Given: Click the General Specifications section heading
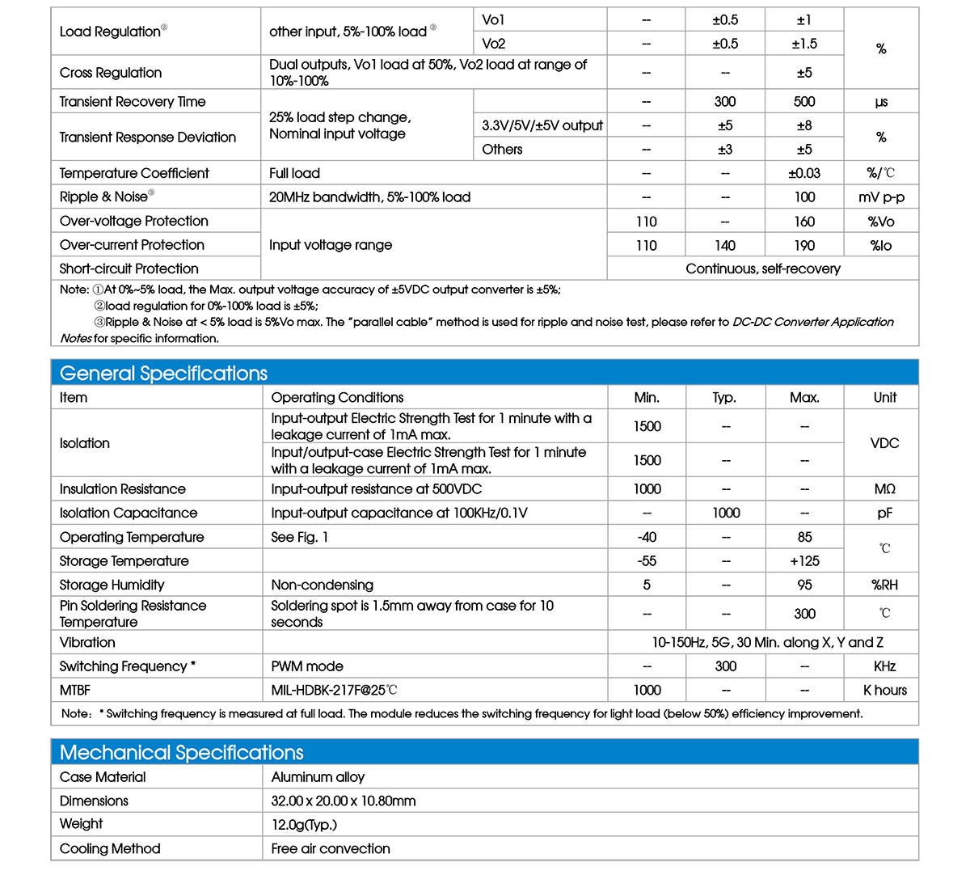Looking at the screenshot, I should coord(163,373).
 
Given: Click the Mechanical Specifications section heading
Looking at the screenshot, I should coord(181,752).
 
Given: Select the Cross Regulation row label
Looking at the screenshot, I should coord(111,73).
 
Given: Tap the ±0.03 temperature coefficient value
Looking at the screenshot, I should coord(804,173).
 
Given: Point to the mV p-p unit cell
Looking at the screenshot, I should coord(881,197).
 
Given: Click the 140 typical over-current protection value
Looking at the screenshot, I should coord(725,245).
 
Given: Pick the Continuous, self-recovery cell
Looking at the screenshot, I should coord(762,268).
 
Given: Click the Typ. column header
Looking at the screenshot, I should coord(725,397).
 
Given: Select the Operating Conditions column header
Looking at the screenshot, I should coord(337,397).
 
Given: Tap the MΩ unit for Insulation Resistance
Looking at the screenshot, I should coord(884,488).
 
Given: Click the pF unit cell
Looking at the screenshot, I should coord(884,513).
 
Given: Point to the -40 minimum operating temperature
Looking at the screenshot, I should coord(647,537).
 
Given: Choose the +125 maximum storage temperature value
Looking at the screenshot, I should coord(804,560).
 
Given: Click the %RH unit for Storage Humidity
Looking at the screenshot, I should coord(884,585).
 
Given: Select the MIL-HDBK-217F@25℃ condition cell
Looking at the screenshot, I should coord(334,690).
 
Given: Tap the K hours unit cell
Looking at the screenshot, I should coord(884,690).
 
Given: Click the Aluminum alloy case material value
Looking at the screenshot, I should coord(318,777).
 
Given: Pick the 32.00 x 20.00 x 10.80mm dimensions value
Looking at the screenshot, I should coord(344,801).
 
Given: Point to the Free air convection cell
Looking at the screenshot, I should coord(331,848).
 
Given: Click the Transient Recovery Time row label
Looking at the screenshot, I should coord(133,102).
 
